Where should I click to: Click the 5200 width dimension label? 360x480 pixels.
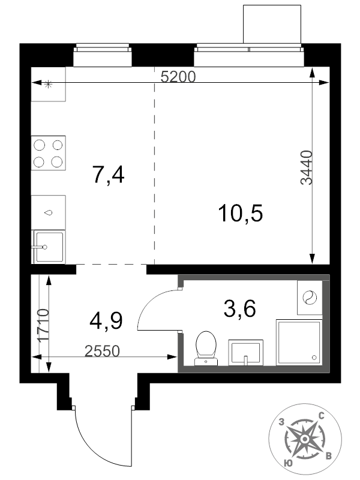coord(178,77)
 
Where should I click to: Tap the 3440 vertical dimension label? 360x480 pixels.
coord(306,167)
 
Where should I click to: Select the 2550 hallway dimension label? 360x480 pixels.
coord(102,351)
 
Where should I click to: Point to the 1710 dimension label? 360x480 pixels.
coord(42,325)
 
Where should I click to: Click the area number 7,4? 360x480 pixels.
coord(109,175)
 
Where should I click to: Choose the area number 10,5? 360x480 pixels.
coord(241,213)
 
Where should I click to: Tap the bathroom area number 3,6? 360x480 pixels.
coord(239,308)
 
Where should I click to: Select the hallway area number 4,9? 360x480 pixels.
coord(106,321)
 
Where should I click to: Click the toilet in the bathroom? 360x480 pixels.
coord(206,349)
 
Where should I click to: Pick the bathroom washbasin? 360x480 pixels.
coord(245,352)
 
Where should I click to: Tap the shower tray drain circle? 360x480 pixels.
coord(314,357)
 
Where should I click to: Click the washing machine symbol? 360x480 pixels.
coord(309,298)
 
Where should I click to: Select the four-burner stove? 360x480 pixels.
coord(49,153)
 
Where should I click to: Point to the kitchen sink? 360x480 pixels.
coord(49,247)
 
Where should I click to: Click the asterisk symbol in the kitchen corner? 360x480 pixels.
coord(48,84)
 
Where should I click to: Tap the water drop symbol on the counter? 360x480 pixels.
coord(49,213)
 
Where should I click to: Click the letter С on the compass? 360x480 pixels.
coord(322,416)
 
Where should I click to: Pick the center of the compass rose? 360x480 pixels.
coord(305,439)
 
